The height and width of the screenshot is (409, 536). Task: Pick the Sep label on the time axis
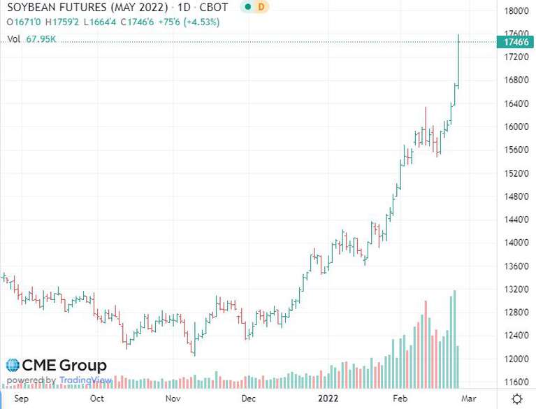(22, 399)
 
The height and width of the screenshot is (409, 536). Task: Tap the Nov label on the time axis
(173, 399)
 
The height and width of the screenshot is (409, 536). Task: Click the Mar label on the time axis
(470, 399)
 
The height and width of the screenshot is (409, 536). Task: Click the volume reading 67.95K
(41, 40)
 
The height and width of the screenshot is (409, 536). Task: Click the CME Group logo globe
(13, 366)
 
